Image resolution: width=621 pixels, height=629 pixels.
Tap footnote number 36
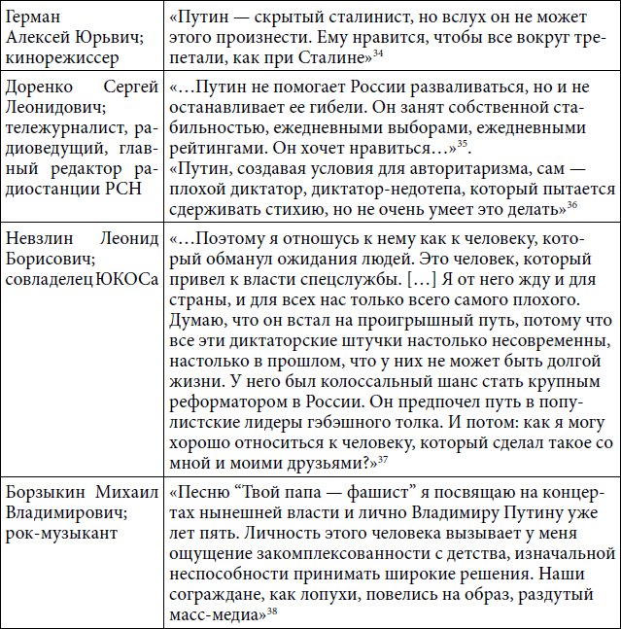[573, 203]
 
